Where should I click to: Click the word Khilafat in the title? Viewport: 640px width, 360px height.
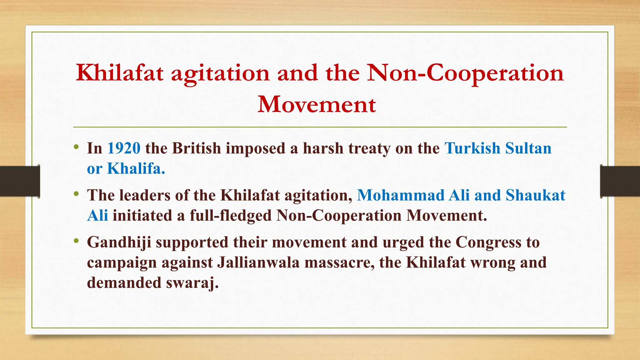(x=120, y=73)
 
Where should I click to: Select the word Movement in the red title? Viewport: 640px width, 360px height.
(x=317, y=104)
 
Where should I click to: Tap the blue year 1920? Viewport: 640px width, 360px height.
(x=124, y=148)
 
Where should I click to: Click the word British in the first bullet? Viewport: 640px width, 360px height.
(x=197, y=148)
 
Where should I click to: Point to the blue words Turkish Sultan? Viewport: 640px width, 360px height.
(x=498, y=148)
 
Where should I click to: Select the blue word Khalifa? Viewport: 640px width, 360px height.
(x=136, y=168)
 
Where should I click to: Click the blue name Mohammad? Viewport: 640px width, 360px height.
(x=401, y=195)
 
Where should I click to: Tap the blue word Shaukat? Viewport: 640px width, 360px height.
(x=535, y=195)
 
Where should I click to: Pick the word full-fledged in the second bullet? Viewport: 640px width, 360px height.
(x=231, y=216)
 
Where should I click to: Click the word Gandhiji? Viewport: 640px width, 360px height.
(x=119, y=242)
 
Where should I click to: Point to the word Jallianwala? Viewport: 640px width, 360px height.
(x=258, y=262)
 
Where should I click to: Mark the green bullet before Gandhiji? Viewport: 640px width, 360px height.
(x=76, y=241)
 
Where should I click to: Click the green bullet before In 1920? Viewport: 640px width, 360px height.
(x=76, y=147)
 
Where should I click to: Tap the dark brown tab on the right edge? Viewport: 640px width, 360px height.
(x=620, y=181)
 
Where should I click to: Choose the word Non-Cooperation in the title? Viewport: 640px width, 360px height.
(x=465, y=73)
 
